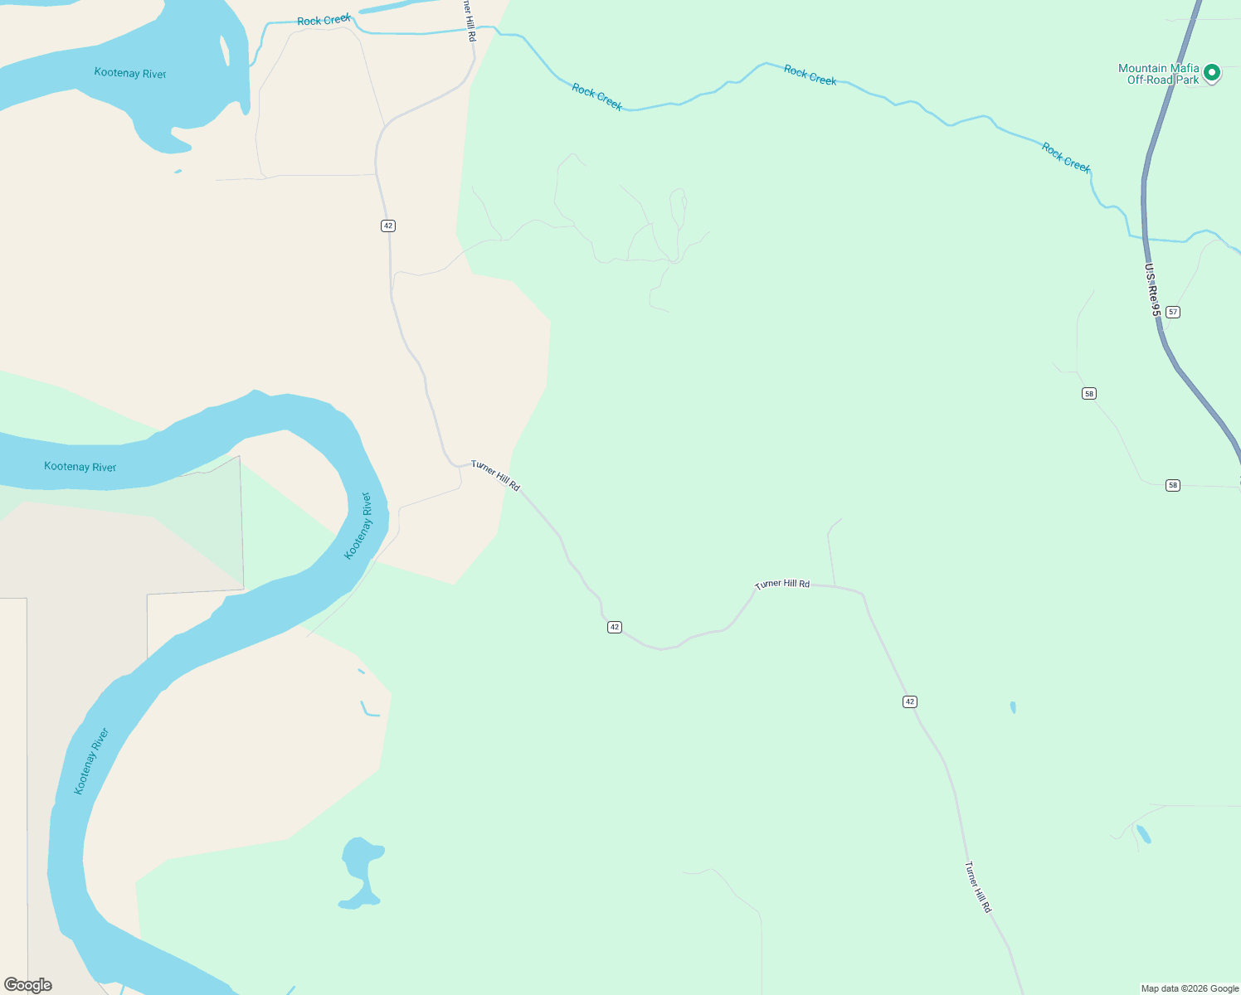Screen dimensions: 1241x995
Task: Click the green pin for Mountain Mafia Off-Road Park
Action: click(x=1211, y=73)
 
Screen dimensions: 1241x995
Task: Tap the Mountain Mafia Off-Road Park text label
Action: click(x=1158, y=75)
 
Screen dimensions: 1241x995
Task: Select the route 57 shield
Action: click(x=1172, y=312)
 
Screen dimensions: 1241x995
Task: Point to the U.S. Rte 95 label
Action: click(x=1152, y=290)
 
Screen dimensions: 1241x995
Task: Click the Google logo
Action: click(x=28, y=985)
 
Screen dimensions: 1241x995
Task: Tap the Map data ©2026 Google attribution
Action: click(x=1190, y=988)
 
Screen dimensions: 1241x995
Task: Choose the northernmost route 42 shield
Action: click(x=388, y=226)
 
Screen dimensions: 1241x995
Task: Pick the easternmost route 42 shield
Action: click(x=910, y=701)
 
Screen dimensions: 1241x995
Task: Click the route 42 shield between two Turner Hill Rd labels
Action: click(x=614, y=627)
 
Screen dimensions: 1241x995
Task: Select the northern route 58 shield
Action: click(x=1089, y=393)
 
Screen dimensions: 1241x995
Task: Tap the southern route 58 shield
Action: click(x=1172, y=485)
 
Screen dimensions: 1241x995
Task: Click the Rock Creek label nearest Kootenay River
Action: click(x=324, y=20)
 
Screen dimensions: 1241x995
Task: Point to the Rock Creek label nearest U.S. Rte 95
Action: click(x=1066, y=158)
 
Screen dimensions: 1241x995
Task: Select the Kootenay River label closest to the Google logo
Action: click(x=91, y=761)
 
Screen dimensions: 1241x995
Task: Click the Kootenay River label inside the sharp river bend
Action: click(x=358, y=526)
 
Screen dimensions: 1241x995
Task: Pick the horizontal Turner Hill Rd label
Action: click(x=782, y=584)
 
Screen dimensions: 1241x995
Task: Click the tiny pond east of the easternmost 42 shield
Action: click(x=1013, y=707)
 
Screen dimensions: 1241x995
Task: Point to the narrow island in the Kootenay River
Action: click(x=225, y=51)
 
